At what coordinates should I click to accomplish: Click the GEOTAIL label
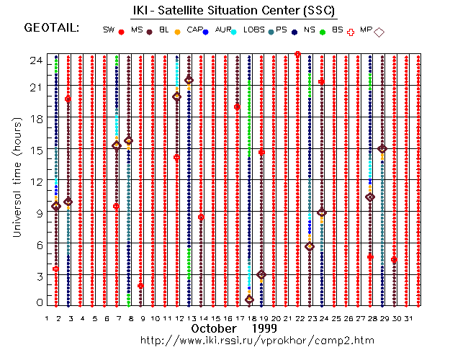pyautogui.click(x=51, y=28)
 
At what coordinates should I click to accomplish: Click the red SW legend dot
pyautogui.click(x=121, y=32)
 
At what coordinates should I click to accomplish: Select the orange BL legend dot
pyautogui.click(x=176, y=32)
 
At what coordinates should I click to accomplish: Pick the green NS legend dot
pyautogui.click(x=323, y=32)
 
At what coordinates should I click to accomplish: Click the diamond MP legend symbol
pyautogui.click(x=379, y=32)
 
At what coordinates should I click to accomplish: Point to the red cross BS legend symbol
pyautogui.click(x=351, y=32)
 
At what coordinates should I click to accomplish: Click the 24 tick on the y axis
pyautogui.click(x=36, y=61)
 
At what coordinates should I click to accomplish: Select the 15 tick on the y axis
pyautogui.click(x=36, y=150)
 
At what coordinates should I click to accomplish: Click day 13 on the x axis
pyautogui.click(x=189, y=318)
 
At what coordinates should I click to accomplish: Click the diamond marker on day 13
pyautogui.click(x=189, y=80)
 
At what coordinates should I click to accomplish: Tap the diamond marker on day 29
pyautogui.click(x=382, y=149)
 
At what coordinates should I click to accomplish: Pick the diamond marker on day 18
pyautogui.click(x=249, y=300)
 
